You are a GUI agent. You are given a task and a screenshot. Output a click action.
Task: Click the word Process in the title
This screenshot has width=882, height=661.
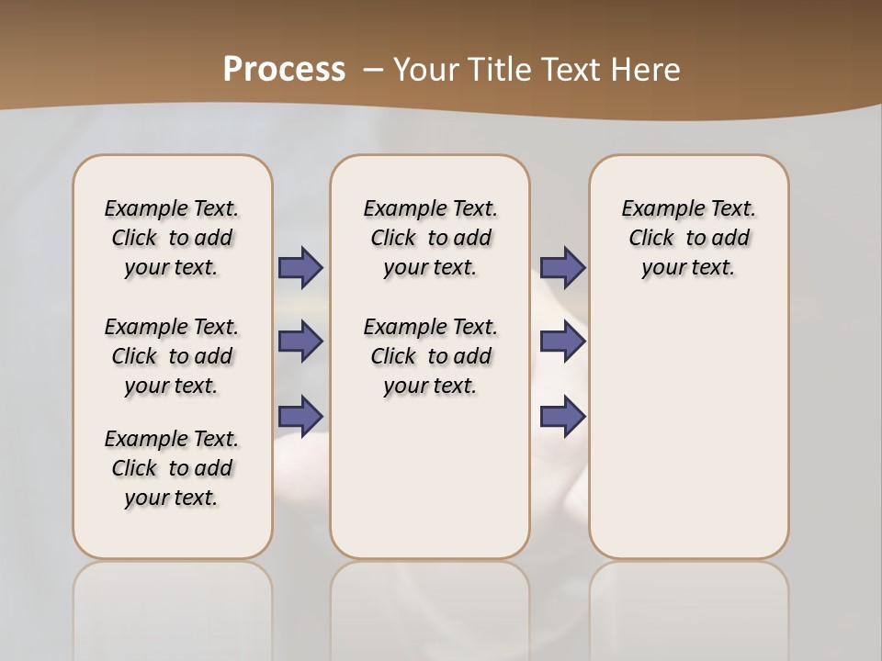(x=284, y=70)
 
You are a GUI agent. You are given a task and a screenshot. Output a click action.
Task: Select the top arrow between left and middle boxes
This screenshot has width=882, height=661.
(x=300, y=267)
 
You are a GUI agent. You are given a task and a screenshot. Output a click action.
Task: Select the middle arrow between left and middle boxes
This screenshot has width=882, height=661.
(x=300, y=342)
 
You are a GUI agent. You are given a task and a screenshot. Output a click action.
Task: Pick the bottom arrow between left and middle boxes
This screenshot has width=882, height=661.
(x=300, y=416)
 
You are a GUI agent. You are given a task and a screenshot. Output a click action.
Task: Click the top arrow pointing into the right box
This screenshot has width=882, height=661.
(x=562, y=267)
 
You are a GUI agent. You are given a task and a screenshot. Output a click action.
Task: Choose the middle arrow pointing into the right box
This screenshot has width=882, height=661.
(x=562, y=342)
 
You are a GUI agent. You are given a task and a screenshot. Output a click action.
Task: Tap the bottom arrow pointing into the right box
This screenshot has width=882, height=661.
(x=562, y=416)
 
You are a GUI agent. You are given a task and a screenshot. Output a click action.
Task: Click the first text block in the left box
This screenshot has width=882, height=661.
(x=172, y=238)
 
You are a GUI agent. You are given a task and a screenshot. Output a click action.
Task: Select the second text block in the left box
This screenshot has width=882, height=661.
(x=172, y=356)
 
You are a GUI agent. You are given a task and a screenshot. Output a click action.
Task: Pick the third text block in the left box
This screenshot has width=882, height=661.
(x=172, y=468)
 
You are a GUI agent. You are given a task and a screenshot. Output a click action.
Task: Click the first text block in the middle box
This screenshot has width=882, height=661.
(x=431, y=238)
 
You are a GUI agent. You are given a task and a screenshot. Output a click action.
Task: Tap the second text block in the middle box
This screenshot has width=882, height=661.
(x=431, y=356)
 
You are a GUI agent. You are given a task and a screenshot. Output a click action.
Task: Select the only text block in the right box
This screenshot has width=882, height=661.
(x=689, y=238)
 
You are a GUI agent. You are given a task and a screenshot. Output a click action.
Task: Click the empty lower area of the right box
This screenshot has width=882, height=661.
(x=689, y=431)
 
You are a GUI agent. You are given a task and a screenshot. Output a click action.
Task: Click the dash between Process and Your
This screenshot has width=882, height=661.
(x=373, y=70)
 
